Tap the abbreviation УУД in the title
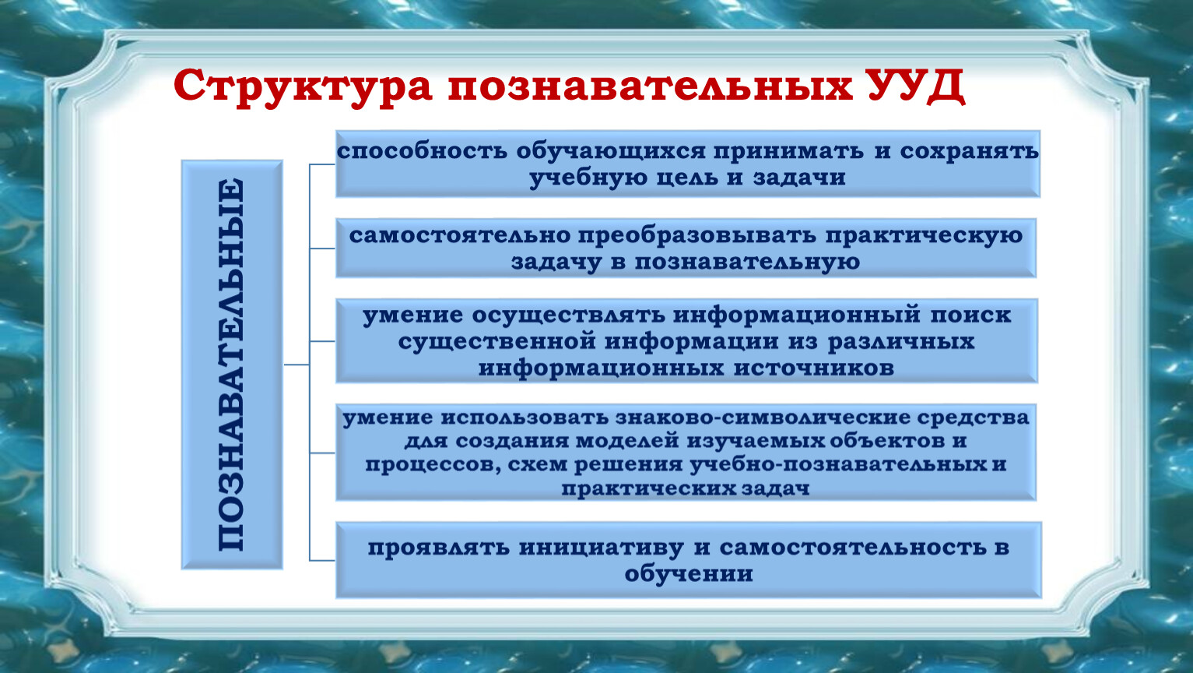(x=916, y=86)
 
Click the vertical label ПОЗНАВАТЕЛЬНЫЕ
(x=231, y=365)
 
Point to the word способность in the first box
(x=422, y=151)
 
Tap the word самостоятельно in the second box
(x=460, y=236)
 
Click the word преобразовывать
(x=697, y=236)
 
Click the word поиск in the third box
(x=970, y=315)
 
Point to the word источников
(x=814, y=368)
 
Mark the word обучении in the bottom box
(x=689, y=575)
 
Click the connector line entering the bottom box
(x=322, y=561)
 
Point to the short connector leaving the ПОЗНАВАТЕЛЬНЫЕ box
(x=296, y=365)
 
